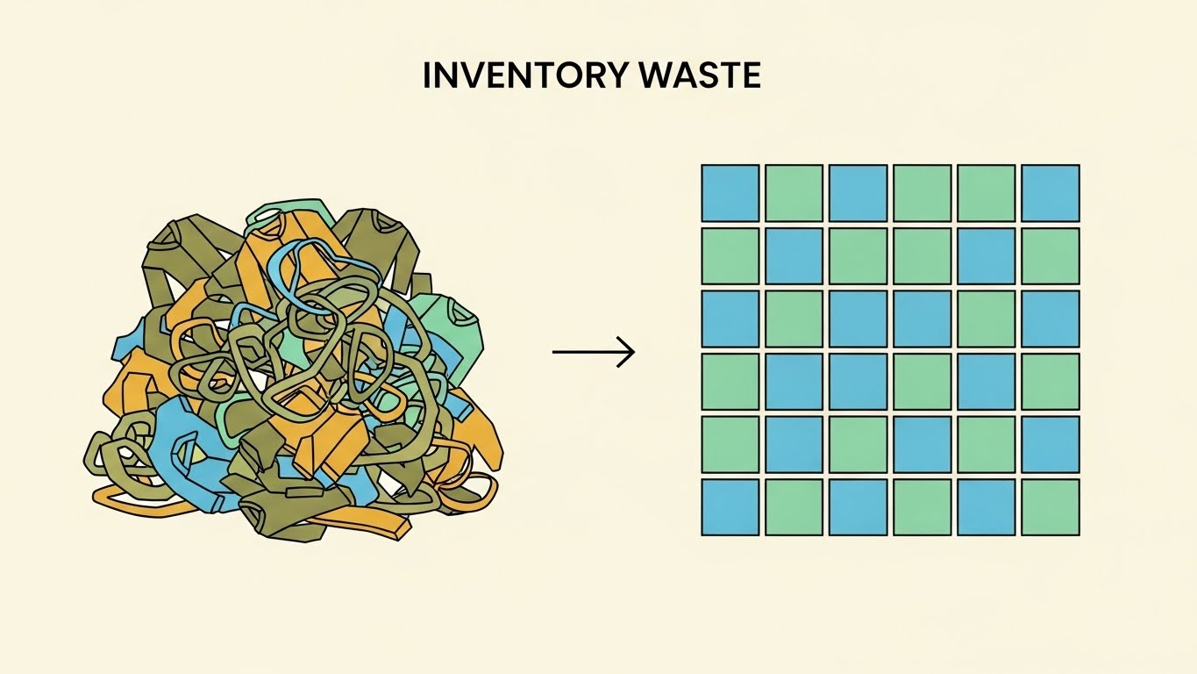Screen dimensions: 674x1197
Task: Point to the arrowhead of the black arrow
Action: tap(628, 352)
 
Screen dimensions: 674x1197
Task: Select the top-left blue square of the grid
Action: tap(730, 193)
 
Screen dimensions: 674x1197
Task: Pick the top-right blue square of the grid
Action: tap(1051, 193)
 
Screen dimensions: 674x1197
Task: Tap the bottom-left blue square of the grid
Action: tap(730, 507)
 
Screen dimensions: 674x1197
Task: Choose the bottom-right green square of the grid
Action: tap(1051, 507)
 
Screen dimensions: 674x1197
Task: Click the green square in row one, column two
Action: tap(794, 193)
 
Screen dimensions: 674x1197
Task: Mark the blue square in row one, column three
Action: tap(858, 193)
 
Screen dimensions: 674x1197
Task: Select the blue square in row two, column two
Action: tap(794, 256)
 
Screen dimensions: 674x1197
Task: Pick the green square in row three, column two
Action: tap(794, 319)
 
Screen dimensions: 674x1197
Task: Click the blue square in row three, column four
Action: tap(923, 319)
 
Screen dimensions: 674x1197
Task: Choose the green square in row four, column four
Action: tap(923, 382)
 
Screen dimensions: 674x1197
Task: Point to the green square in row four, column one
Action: tap(730, 382)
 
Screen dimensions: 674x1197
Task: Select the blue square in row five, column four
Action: tap(923, 444)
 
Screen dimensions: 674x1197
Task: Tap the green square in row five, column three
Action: tap(858, 444)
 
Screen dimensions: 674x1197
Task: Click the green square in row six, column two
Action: tap(794, 507)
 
